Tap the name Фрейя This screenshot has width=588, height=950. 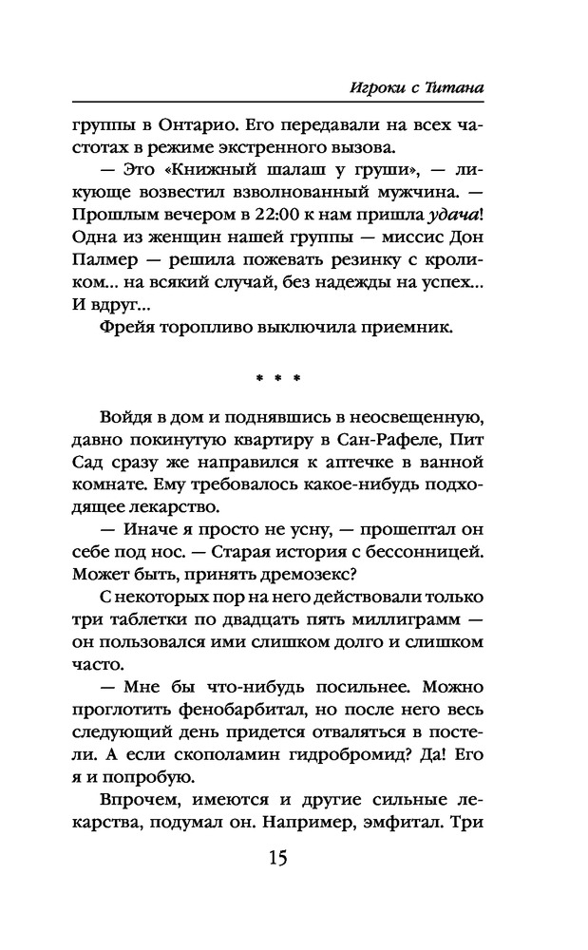click(128, 330)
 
